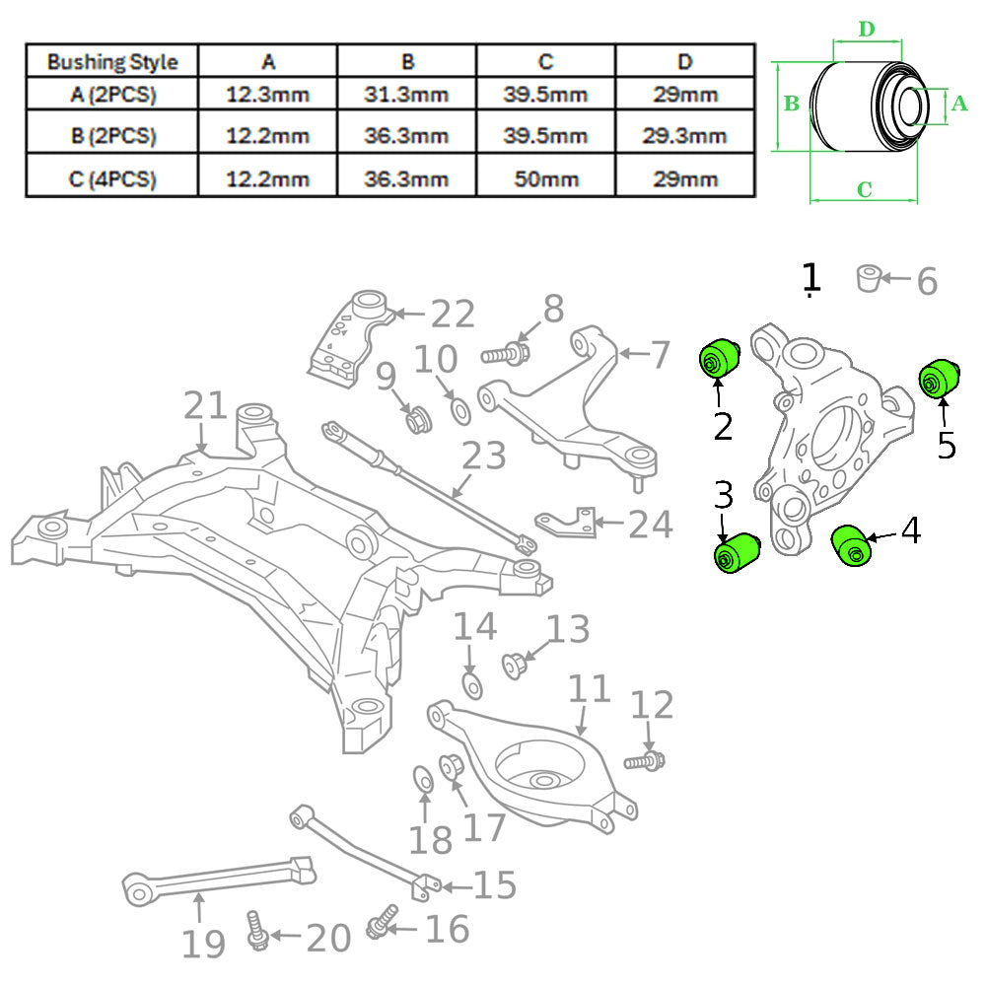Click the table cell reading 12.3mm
point(267,96)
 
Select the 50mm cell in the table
point(545,178)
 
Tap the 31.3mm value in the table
point(407,96)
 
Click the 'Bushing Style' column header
point(112,61)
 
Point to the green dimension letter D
point(866,29)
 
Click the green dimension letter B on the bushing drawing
point(790,105)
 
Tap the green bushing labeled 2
point(720,357)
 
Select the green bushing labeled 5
point(939,377)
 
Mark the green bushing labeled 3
point(735,552)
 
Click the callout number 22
point(454,315)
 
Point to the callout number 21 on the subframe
point(206,405)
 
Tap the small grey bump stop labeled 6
point(868,278)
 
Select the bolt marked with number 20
point(256,930)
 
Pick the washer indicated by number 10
point(459,408)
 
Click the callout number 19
point(203,945)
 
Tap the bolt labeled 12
point(644,761)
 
